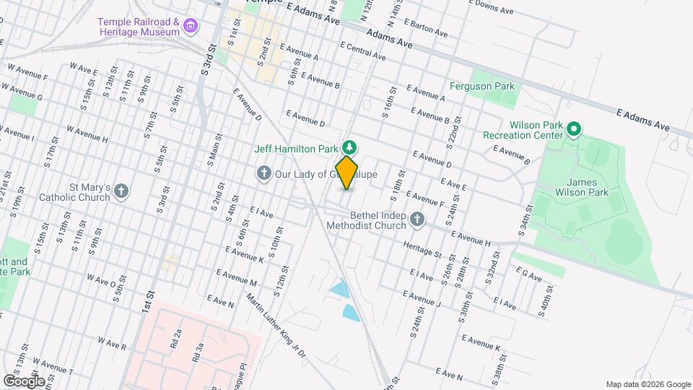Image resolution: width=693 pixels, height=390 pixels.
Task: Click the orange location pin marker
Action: (x=347, y=173)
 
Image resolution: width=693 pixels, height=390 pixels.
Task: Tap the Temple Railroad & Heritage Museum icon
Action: (x=191, y=27)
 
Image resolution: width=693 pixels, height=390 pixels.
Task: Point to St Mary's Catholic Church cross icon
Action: (x=121, y=191)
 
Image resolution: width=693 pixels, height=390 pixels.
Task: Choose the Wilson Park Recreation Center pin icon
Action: (x=574, y=130)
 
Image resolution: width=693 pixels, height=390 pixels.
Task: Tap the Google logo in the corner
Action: (x=24, y=381)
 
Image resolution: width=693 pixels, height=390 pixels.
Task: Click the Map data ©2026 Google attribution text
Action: (x=648, y=383)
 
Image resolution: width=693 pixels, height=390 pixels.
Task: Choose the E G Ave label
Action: (x=528, y=272)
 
